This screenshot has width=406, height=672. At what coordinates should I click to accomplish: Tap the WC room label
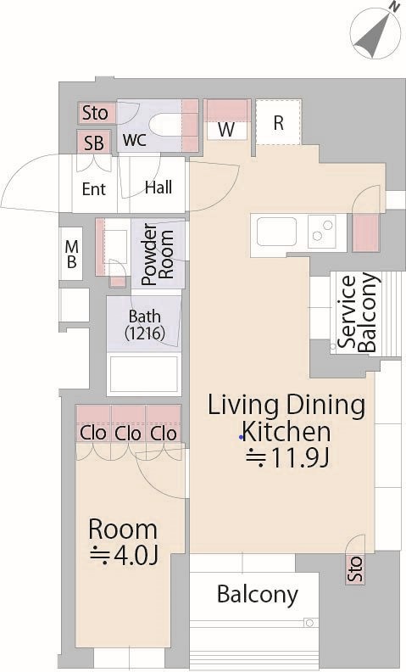(x=135, y=140)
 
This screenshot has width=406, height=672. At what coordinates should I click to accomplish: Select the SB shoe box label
(x=94, y=143)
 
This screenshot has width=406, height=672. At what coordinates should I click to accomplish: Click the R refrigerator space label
(x=278, y=123)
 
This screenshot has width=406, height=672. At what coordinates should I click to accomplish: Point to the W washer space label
(x=226, y=130)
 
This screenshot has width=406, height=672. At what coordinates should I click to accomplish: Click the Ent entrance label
(x=94, y=188)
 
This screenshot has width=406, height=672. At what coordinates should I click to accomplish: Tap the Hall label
(x=159, y=188)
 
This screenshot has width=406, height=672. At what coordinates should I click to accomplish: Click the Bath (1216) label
(x=145, y=325)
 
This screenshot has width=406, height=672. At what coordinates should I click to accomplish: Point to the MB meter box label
(x=71, y=255)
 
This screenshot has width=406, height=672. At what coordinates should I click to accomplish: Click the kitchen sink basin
(x=276, y=232)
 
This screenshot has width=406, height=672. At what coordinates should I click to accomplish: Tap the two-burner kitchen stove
(x=321, y=232)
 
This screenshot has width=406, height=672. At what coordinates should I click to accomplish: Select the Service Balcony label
(x=359, y=312)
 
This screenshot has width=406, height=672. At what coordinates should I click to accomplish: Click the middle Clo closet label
(x=128, y=434)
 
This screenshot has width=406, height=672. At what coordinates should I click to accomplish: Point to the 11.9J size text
(x=288, y=458)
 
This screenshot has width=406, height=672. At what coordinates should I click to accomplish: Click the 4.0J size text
(x=125, y=555)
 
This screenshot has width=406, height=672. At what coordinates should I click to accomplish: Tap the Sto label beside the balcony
(x=355, y=568)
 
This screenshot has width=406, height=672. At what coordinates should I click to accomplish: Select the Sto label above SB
(x=95, y=113)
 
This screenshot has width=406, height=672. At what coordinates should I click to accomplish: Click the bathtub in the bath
(x=144, y=372)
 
